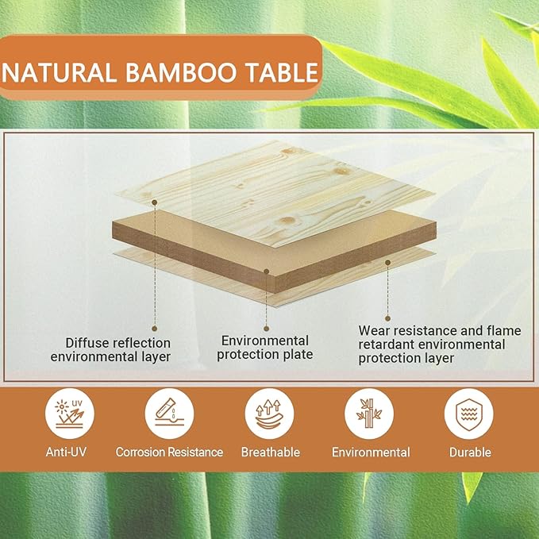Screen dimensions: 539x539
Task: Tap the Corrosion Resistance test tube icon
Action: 169,414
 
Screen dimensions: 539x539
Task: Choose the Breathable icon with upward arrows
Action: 269,414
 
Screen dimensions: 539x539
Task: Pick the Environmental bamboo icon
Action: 369,414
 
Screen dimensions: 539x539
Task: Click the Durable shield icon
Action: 469,414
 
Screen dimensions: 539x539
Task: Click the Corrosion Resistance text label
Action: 169,452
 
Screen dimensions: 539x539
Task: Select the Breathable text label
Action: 269,452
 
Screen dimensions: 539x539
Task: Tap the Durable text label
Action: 469,452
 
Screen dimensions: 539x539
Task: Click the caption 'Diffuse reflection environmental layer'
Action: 110,350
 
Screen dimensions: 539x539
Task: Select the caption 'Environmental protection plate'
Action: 265,347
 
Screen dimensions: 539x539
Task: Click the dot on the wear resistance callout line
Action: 387,262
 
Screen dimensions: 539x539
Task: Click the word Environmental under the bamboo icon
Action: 371,452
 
